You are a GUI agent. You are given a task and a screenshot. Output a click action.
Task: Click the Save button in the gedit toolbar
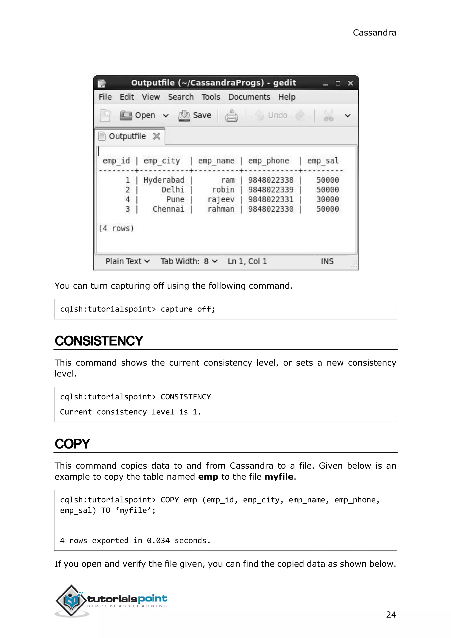pos(195,115)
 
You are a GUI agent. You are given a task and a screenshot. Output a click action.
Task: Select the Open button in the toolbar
pos(138,115)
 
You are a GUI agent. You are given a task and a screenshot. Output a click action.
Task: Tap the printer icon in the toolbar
pos(231,116)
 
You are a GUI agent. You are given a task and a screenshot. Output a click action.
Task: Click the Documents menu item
pos(249,97)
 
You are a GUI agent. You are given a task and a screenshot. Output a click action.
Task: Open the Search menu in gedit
pos(181,97)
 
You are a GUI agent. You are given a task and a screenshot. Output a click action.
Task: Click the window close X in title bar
pos(350,83)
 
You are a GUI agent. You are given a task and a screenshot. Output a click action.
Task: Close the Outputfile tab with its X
pos(157,136)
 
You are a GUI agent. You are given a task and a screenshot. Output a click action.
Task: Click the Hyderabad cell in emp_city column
pos(164,180)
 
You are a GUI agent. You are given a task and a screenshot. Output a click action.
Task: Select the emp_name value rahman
pos(221,209)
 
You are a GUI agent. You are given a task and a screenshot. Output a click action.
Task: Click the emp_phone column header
pos(268,161)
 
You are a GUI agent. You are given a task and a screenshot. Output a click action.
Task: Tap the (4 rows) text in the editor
pos(116,228)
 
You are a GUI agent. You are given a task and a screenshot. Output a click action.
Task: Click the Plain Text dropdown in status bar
pos(128,261)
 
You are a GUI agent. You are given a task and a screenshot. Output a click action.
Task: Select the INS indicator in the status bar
pos(327,261)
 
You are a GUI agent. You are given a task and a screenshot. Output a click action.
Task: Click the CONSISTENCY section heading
pos(99,341)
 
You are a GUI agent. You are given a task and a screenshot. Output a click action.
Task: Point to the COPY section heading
pos(72,444)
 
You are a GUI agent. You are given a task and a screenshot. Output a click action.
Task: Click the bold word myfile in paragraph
pos(279,477)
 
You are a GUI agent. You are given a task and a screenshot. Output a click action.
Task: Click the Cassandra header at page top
pos(374,33)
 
